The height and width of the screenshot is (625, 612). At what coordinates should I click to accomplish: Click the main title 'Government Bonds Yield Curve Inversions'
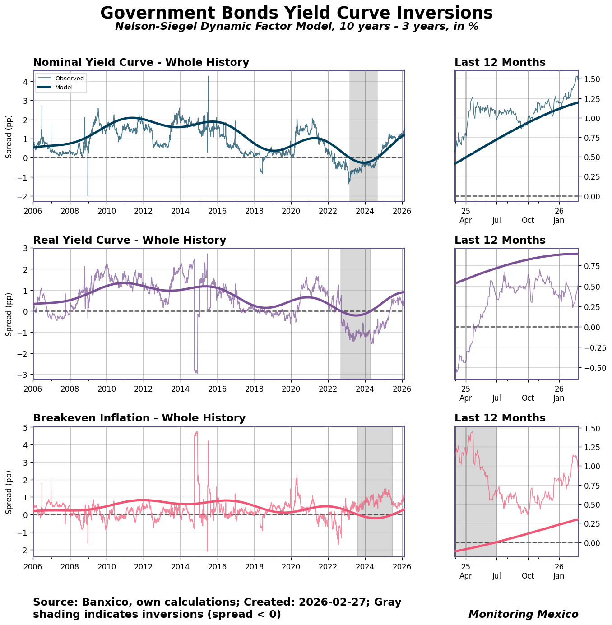click(x=297, y=13)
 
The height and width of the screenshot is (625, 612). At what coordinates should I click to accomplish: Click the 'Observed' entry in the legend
click(x=70, y=78)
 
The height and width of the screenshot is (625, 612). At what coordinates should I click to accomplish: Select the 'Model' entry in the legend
click(x=64, y=87)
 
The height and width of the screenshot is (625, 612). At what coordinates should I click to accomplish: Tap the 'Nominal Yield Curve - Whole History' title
click(x=141, y=62)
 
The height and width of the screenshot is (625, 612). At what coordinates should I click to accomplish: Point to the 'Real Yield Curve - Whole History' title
click(x=130, y=240)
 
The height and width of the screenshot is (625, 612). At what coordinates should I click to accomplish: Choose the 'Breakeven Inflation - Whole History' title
click(x=139, y=418)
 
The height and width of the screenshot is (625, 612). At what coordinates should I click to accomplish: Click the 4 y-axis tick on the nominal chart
click(x=25, y=82)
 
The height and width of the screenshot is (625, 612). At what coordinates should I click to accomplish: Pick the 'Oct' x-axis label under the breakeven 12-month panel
click(x=528, y=576)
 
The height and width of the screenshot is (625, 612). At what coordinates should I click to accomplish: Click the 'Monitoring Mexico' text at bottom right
click(x=523, y=614)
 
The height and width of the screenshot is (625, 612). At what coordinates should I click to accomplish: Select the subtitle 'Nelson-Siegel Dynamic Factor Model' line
click(x=297, y=26)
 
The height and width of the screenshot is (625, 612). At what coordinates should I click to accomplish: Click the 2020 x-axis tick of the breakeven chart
click(x=291, y=566)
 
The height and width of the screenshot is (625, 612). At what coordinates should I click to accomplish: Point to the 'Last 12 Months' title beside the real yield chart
click(x=500, y=240)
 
